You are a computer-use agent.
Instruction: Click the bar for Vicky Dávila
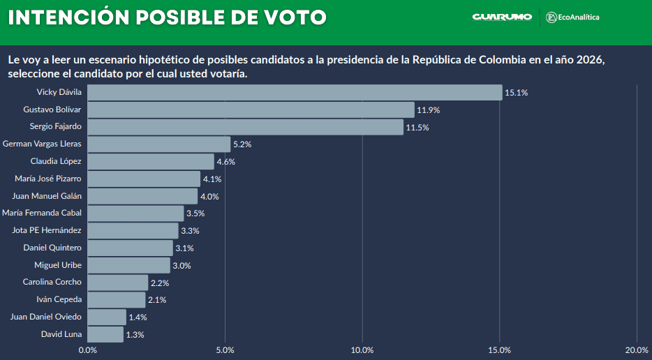click(x=295, y=92)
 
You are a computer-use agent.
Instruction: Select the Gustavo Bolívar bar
click(x=251, y=110)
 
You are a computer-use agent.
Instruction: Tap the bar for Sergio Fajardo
click(x=245, y=127)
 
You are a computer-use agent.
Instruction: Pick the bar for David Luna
click(x=105, y=334)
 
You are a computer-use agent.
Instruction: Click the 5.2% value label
click(x=242, y=144)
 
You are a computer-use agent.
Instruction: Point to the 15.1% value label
click(x=517, y=93)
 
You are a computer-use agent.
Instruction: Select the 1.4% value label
click(x=138, y=317)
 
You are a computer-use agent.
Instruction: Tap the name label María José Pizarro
click(x=48, y=179)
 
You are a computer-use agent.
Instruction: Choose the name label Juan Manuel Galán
click(x=47, y=196)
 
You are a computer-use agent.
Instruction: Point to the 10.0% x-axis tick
click(x=362, y=350)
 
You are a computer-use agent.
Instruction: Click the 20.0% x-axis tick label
click(x=637, y=350)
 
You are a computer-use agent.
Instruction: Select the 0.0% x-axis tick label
click(x=87, y=350)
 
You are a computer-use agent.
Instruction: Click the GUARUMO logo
click(x=502, y=17)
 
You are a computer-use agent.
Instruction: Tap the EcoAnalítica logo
click(x=572, y=17)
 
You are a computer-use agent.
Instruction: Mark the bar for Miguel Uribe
click(x=128, y=265)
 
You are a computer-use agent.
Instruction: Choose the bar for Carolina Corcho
click(x=117, y=283)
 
